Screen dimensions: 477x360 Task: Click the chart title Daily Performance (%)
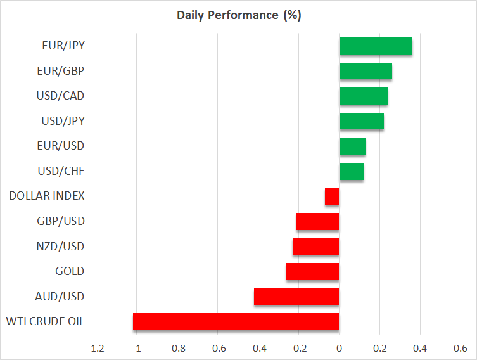[239, 15]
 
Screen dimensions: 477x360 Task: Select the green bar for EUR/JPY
[376, 46]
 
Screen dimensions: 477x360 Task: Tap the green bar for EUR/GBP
[366, 71]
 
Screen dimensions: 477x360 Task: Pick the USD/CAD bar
[364, 96]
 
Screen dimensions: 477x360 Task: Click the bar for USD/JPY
[362, 121]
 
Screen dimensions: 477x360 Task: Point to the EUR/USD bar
[352, 146]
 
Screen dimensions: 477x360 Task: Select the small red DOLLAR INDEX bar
[332, 196]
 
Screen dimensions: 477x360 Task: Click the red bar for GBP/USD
[317, 222]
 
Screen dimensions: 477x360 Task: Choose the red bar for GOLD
[313, 271]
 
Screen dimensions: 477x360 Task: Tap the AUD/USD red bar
[296, 297]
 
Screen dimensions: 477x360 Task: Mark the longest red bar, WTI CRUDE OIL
[236, 322]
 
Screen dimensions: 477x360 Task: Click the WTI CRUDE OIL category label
[46, 321]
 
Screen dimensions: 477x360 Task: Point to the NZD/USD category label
[60, 246]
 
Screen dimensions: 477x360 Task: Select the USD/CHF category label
[61, 171]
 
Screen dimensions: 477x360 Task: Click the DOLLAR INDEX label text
[47, 196]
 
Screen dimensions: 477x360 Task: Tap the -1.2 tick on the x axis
[96, 349]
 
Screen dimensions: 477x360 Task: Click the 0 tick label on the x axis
[339, 349]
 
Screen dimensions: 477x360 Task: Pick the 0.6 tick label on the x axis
[461, 349]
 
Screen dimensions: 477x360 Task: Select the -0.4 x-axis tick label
[258, 349]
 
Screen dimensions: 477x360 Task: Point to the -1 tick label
[136, 349]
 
